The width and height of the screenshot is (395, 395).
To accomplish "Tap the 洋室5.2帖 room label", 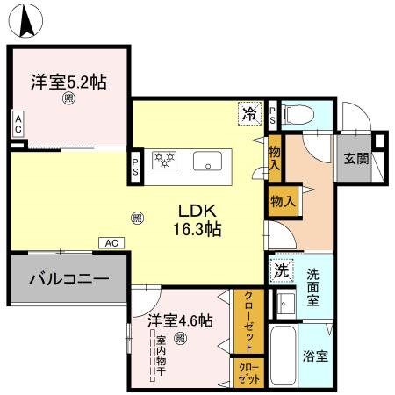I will [69, 82].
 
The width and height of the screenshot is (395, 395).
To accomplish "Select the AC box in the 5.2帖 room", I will [17, 125].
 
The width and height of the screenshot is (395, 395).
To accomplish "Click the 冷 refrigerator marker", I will [249, 113].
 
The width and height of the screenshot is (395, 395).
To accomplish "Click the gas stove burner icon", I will [164, 161].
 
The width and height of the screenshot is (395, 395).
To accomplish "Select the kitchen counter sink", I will [210, 161].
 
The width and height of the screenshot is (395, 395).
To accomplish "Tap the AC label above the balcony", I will [111, 243].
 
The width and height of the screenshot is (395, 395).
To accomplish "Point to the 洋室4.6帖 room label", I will [180, 321].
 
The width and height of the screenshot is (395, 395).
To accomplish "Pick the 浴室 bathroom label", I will [316, 358].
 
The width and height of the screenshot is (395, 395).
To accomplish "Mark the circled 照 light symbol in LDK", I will [137, 217].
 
